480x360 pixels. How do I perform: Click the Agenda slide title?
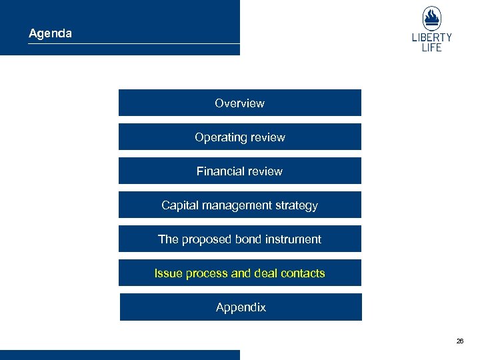pyautogui.click(x=50, y=33)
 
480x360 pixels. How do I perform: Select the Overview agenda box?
pyautogui.click(x=239, y=103)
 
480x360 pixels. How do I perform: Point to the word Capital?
pyautogui.click(x=179, y=205)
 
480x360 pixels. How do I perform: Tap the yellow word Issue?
pyautogui.click(x=167, y=273)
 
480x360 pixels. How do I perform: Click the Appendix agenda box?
pyautogui.click(x=241, y=307)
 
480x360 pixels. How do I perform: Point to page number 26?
pyautogui.click(x=460, y=341)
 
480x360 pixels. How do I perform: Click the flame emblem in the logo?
pyautogui.click(x=432, y=18)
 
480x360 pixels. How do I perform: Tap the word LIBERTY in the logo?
pyautogui.click(x=432, y=37)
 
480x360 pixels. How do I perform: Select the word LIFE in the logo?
pyautogui.click(x=432, y=48)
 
